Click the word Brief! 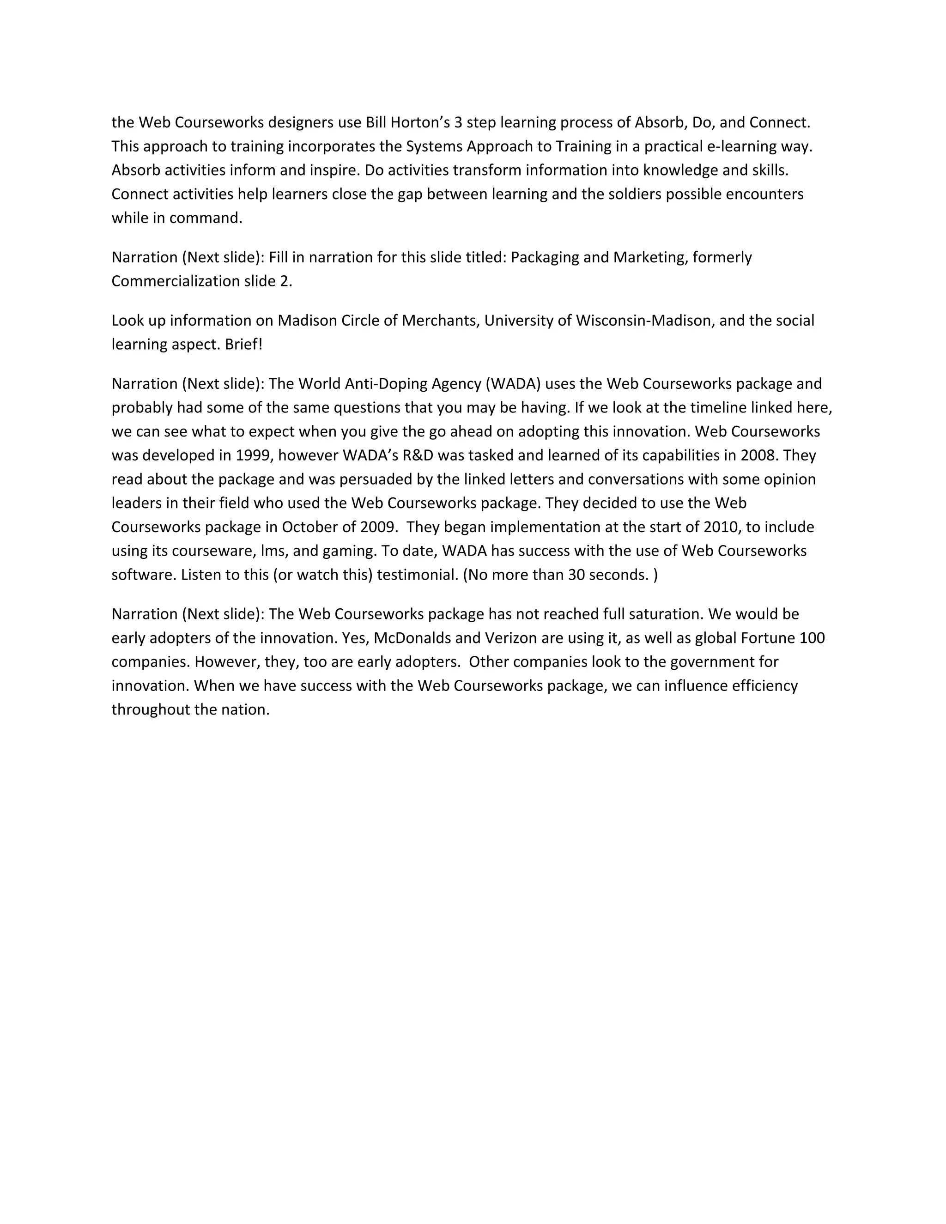point(244,344)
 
